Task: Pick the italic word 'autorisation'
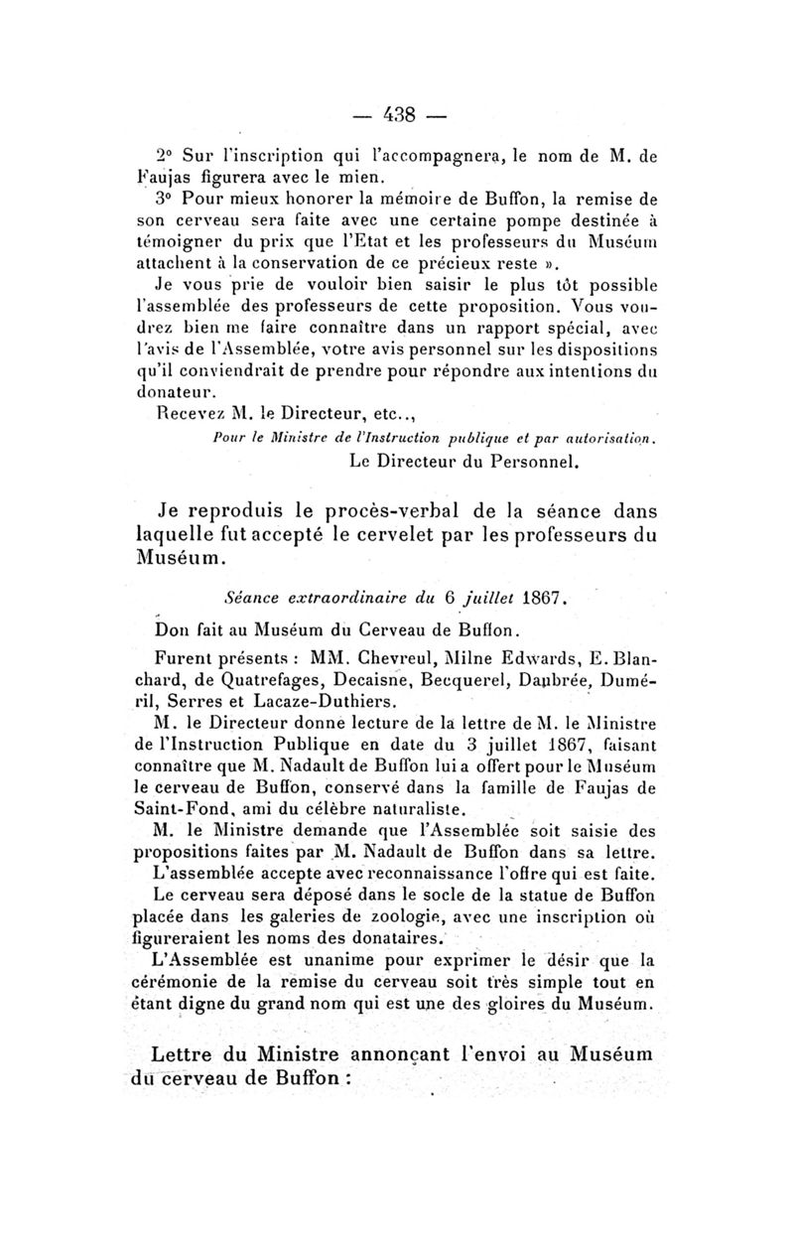click(x=613, y=437)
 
